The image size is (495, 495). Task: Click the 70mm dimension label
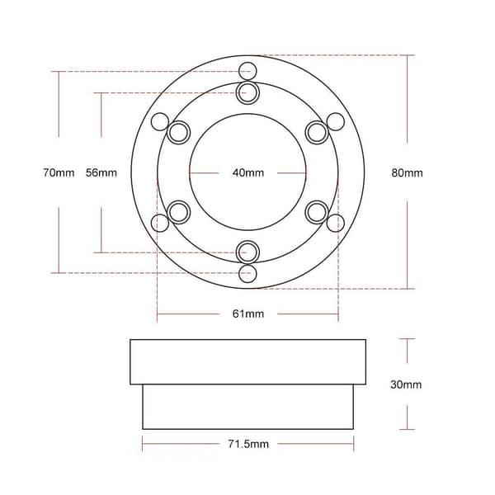point(59,172)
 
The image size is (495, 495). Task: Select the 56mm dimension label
point(101,172)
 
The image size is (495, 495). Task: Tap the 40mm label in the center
point(248,172)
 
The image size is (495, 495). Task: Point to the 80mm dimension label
point(407,172)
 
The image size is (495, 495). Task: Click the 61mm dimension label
point(248,313)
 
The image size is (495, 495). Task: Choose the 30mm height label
point(406,384)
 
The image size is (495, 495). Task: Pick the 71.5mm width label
point(248,444)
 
